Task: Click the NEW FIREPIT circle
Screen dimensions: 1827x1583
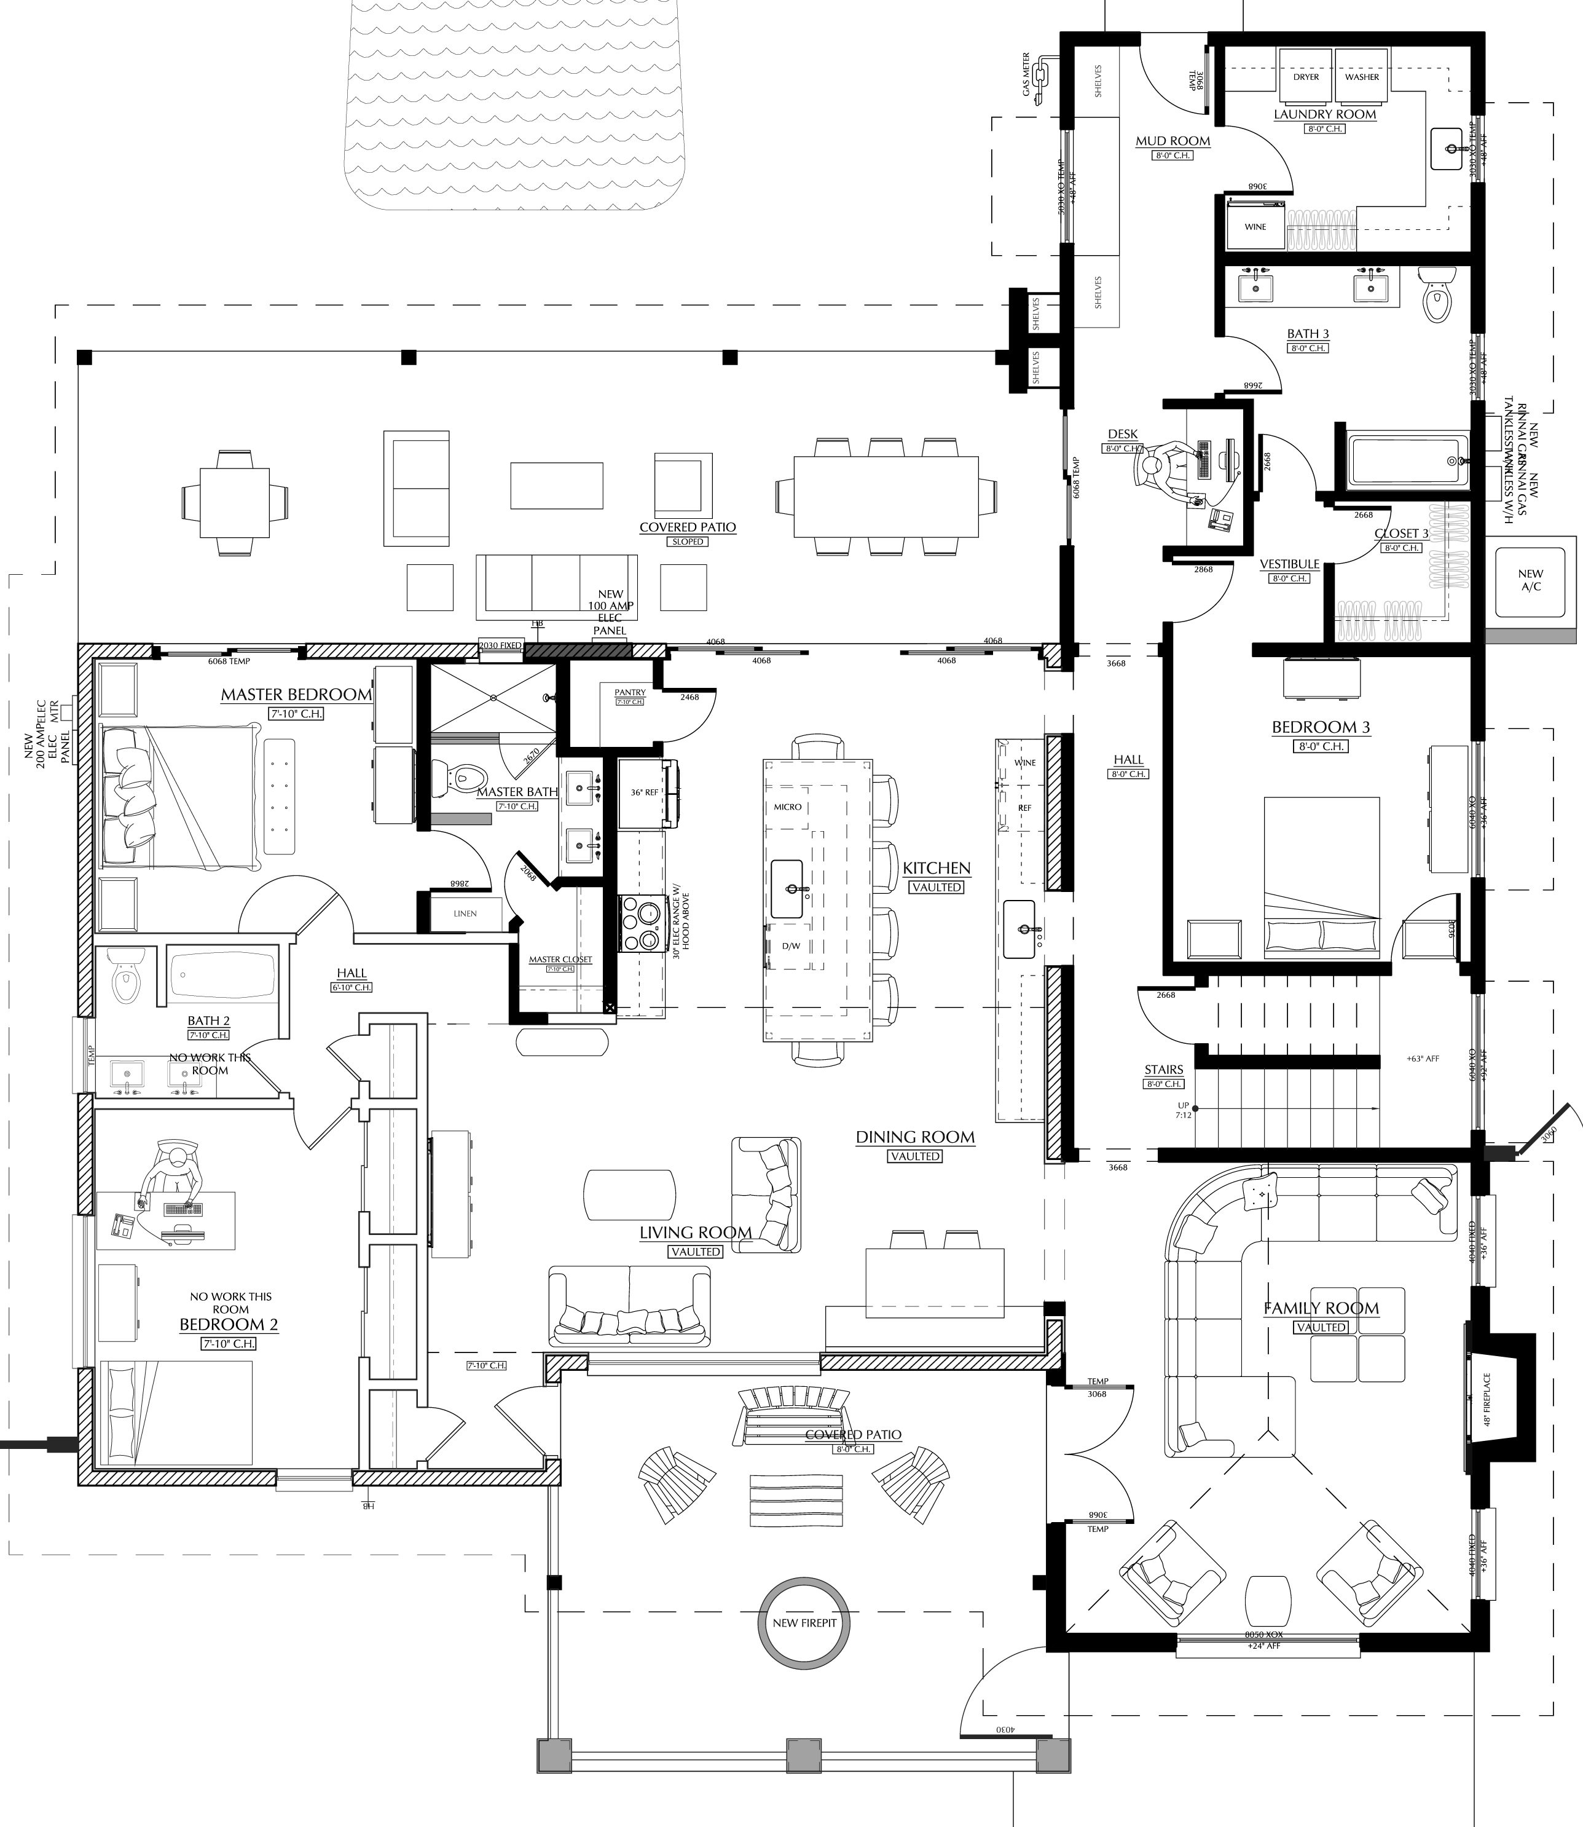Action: [804, 1622]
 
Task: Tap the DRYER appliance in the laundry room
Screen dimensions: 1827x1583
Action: [1306, 77]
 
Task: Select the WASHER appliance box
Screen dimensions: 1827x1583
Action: [1361, 77]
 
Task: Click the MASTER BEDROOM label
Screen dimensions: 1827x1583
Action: [296, 695]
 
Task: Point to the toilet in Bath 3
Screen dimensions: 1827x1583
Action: [1438, 295]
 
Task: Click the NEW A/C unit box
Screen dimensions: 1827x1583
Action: [1531, 580]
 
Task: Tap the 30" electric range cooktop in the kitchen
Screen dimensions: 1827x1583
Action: [642, 923]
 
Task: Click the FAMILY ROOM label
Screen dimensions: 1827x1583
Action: [1321, 1308]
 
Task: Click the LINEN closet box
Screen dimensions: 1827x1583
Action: [466, 913]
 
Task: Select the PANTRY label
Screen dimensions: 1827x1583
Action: [630, 693]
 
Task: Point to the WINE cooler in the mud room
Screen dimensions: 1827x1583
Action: [1255, 227]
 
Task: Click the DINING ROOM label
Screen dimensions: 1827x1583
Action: [915, 1137]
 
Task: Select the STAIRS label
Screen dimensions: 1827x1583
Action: [1163, 1070]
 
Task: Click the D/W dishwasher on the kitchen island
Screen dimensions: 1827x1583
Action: [791, 946]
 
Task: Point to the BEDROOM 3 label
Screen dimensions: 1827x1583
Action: [1321, 727]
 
